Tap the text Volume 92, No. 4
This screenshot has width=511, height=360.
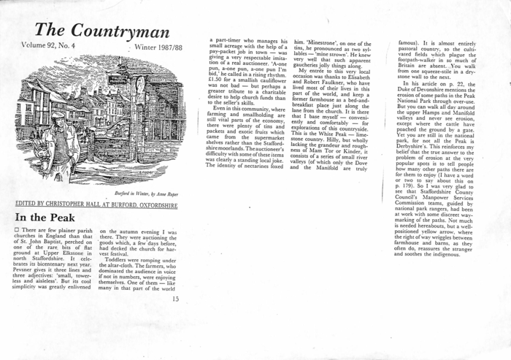(x=51, y=46)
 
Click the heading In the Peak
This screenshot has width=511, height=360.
(x=44, y=218)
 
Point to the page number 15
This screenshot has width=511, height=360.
(x=175, y=298)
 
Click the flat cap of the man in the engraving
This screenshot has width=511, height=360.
(x=58, y=115)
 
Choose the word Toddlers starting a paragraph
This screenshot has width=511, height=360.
(x=118, y=259)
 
